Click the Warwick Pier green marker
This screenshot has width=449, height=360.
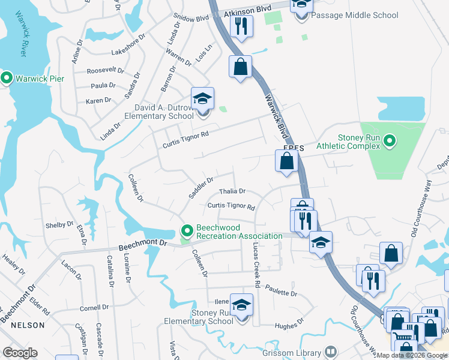click(7, 78)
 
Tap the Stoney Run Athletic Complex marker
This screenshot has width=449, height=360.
click(390, 142)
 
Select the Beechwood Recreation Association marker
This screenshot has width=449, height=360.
click(187, 230)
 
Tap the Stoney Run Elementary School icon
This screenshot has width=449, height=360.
click(241, 307)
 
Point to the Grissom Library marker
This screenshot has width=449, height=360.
click(330, 352)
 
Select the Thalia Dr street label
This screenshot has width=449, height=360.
click(232, 191)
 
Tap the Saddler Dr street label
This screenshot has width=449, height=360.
click(201, 187)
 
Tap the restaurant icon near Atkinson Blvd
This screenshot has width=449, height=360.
click(241, 26)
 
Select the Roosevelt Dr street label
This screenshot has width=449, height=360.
click(104, 70)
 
